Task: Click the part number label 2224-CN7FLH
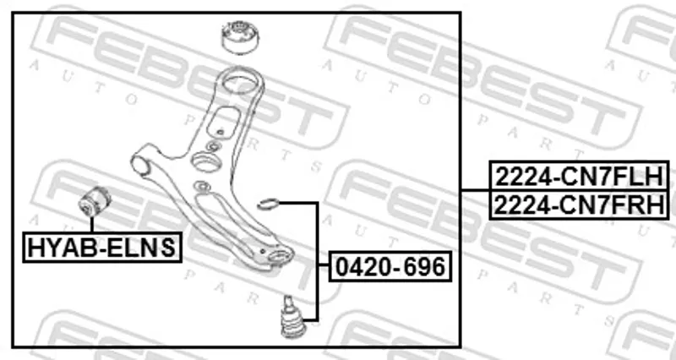point(579,176)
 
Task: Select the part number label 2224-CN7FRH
point(579,205)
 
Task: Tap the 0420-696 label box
point(390,266)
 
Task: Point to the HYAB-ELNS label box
point(101,247)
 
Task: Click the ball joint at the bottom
point(292,317)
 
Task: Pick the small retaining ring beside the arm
point(269,204)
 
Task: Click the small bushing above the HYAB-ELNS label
point(95,202)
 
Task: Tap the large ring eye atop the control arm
point(240,82)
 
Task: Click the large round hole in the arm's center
point(206,162)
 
